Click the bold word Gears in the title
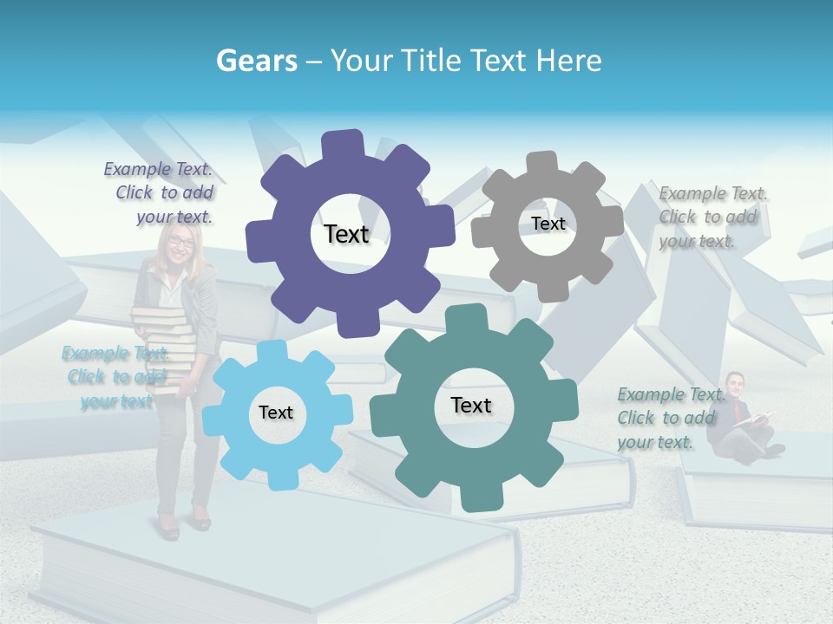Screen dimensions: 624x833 (x=256, y=61)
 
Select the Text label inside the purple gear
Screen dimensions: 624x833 (x=346, y=234)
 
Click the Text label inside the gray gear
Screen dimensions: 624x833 (x=548, y=224)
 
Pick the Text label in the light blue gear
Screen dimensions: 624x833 (x=276, y=413)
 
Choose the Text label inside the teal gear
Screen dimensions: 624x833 (x=471, y=405)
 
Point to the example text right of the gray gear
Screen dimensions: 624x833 (x=712, y=217)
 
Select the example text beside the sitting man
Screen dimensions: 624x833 (x=671, y=418)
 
